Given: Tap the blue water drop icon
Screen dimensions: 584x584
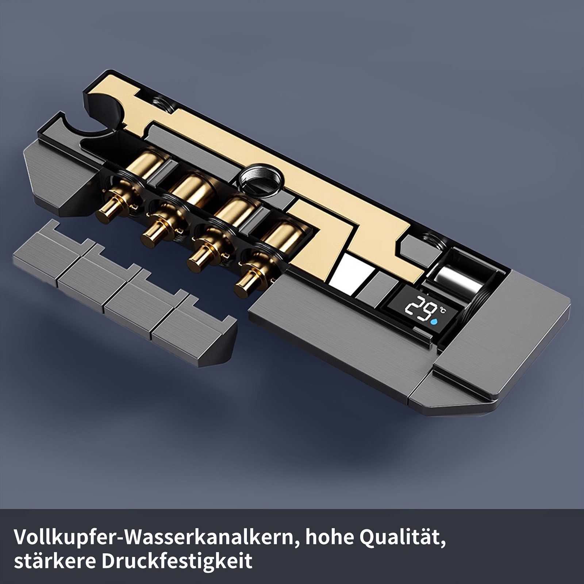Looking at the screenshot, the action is click(x=434, y=322).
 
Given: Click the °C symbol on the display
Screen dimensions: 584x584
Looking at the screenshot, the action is click(x=442, y=311).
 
